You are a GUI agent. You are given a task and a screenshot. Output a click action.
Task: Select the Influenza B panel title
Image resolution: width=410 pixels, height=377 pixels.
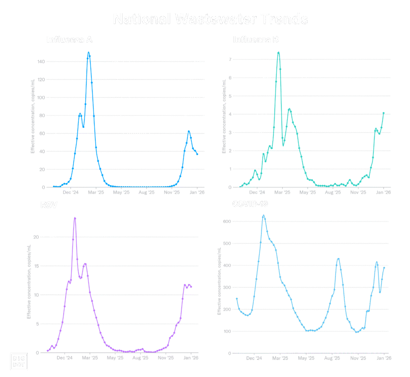point(256,40)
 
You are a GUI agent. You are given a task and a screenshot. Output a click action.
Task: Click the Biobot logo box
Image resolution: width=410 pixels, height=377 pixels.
point(18,361)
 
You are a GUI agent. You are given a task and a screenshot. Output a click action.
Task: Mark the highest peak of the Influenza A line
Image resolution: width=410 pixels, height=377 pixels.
point(88,53)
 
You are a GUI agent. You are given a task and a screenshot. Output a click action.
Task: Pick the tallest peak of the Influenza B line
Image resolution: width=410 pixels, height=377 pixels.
point(279,53)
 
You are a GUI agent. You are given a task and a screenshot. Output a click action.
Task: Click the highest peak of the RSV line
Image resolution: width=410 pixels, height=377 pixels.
point(74,219)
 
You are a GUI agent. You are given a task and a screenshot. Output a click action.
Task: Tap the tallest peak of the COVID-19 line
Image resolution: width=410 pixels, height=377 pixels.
point(263,216)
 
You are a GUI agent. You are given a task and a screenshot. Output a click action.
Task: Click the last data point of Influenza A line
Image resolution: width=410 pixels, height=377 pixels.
point(197,154)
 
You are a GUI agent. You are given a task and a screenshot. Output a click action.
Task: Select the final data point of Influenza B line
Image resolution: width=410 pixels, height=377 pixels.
point(384,113)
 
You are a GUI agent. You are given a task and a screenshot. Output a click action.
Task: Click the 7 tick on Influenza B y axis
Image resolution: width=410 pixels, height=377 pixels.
point(230,59)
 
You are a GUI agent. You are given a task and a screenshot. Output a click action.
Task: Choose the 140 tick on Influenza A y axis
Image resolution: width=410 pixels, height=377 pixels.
point(41,62)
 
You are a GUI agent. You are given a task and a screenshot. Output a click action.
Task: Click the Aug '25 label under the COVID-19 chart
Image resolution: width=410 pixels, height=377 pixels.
point(333,358)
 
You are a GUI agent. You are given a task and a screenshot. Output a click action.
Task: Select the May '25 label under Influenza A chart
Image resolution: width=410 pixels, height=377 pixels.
point(121,193)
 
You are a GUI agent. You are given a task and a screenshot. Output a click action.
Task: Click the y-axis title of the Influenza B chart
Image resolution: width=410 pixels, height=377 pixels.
point(224,116)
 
